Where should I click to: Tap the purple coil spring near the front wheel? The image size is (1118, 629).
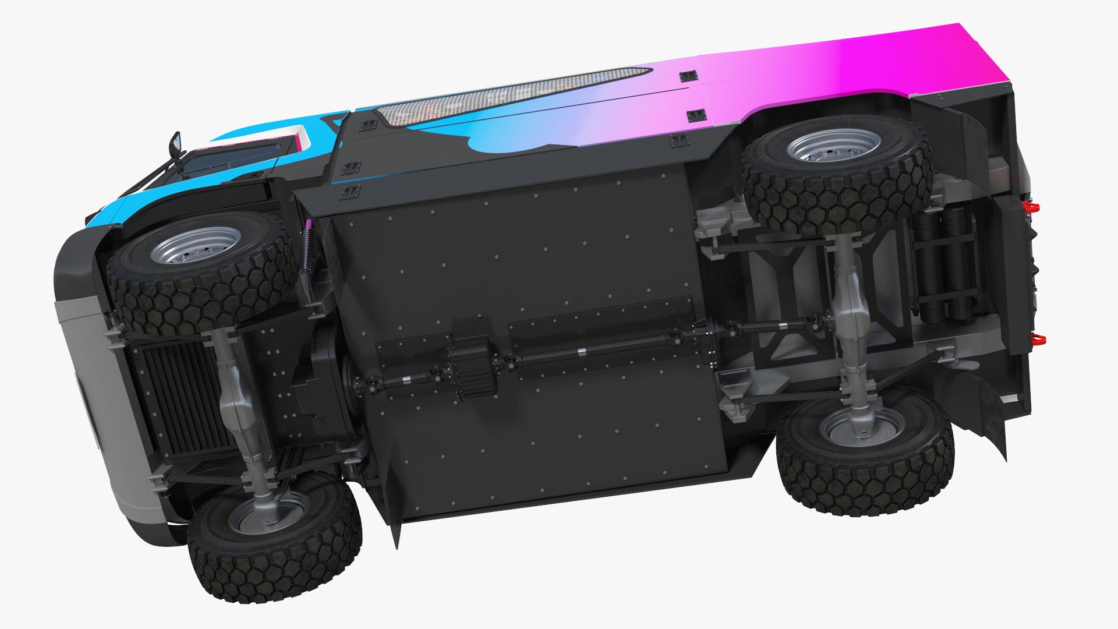(x=307, y=248)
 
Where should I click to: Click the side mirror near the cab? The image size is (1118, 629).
(x=175, y=142)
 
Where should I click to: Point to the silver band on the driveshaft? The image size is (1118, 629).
(x=581, y=351)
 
